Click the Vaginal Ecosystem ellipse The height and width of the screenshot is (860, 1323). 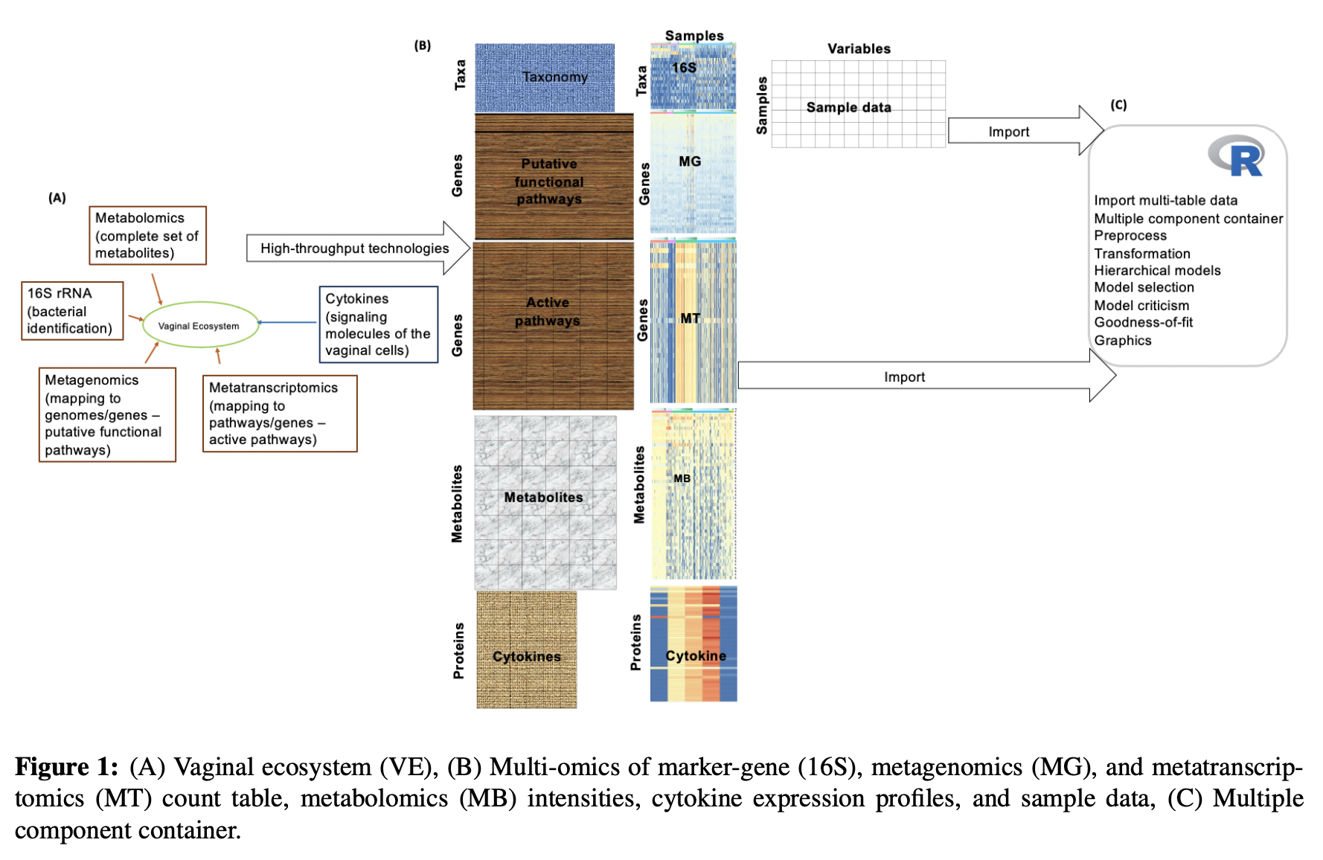[x=199, y=325]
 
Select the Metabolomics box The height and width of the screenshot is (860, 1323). [x=147, y=235]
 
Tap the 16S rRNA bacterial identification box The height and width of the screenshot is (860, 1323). [x=72, y=310]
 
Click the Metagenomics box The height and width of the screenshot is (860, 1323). [x=107, y=414]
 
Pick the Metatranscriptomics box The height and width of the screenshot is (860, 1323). [x=280, y=413]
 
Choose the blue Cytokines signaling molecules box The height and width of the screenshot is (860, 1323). [x=378, y=324]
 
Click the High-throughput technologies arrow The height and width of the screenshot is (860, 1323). [x=355, y=248]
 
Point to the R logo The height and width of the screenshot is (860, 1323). [x=1236, y=156]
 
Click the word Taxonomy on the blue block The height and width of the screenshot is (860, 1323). [x=554, y=77]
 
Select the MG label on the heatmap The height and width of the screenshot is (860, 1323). [x=690, y=161]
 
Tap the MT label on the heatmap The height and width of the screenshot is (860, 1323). [x=690, y=318]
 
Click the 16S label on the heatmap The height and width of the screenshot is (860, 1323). [x=684, y=68]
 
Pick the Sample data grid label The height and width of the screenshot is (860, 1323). [x=848, y=107]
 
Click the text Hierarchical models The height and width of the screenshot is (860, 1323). [x=1156, y=271]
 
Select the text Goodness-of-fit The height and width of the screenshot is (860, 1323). [x=1143, y=322]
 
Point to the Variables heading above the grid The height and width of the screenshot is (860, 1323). [x=859, y=48]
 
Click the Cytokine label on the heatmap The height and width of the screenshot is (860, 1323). [x=695, y=655]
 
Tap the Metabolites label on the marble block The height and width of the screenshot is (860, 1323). [x=543, y=497]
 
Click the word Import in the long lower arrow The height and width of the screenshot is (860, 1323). [x=904, y=377]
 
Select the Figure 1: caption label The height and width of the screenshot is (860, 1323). [x=66, y=766]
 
